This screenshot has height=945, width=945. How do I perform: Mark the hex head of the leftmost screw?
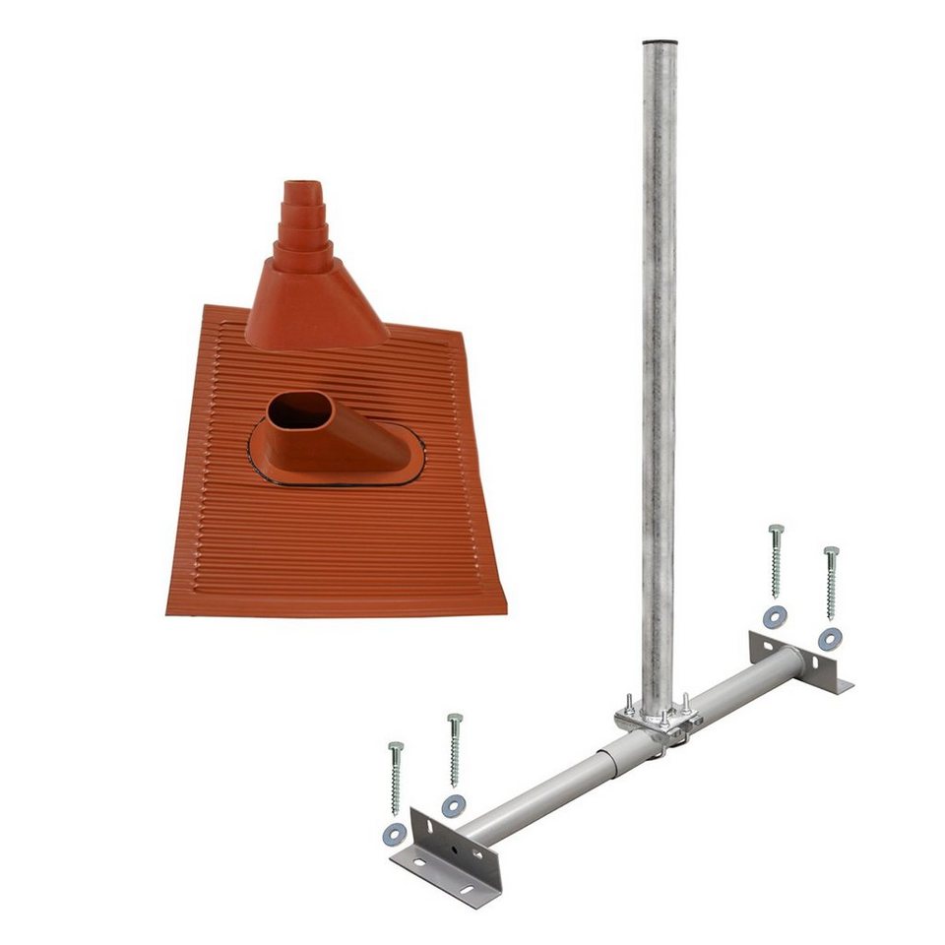pyautogui.click(x=396, y=748)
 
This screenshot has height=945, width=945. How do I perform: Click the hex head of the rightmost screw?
pyautogui.click(x=832, y=552)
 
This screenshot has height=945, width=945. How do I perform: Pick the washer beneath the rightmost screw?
pyautogui.click(x=830, y=638)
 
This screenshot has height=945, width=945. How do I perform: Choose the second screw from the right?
pyautogui.click(x=776, y=561)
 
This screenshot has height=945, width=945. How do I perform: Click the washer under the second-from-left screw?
pyautogui.click(x=453, y=806)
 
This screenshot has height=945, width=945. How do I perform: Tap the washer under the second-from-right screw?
pyautogui.click(x=775, y=617)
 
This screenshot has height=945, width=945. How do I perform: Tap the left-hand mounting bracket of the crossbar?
pyautogui.click(x=448, y=851)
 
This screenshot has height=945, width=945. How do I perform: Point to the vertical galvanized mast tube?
pyautogui.click(x=659, y=345)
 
